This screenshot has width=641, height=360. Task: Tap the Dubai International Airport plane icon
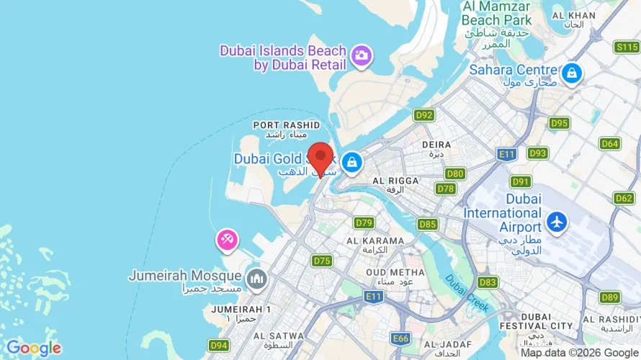coord(557,222)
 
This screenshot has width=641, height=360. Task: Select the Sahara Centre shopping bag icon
coord(572,73)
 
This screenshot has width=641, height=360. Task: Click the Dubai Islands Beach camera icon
coord(361,55)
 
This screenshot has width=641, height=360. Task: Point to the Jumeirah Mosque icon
coord(255,277)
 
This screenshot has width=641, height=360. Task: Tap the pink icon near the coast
coord(227,240)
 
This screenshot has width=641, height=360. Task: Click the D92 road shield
coord(424,115)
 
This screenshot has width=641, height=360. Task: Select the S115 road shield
coord(627,47)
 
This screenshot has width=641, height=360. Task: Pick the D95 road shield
coord(559,123)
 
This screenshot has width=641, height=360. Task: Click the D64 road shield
coord(610,144)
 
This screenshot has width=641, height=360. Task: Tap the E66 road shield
coord(400,338)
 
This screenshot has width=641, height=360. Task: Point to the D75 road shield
coord(322,261)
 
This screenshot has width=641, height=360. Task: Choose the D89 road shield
coord(610,297)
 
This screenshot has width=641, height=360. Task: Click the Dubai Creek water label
coord(467,294)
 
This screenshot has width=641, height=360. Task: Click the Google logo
coord(34,348)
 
